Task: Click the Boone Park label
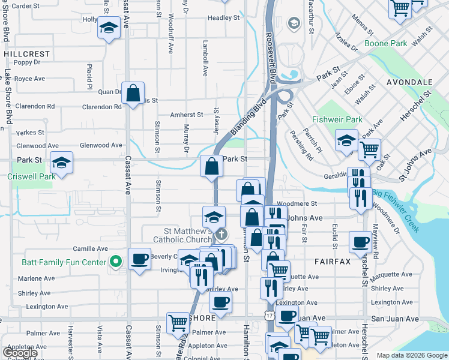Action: pos(386,43)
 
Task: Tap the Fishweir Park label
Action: pos(337,120)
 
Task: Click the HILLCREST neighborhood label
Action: pos(26,53)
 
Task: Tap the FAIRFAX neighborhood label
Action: pos(331,262)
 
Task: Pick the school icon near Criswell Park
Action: pos(61,163)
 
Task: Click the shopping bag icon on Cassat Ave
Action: pos(133,92)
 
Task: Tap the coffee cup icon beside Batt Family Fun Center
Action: pos(139,259)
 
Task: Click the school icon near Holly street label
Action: pos(109,28)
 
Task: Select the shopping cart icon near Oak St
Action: pos(370,148)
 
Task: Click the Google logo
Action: pos(20,353)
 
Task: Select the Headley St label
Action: pos(223,18)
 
